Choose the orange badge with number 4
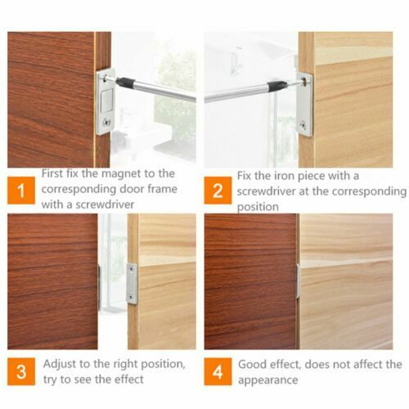pyautogui.click(x=218, y=371)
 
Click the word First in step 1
pyautogui.click(x=56, y=173)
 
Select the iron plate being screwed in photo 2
pyautogui.click(x=304, y=104)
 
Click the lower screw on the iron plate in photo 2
pyautogui.click(x=304, y=124)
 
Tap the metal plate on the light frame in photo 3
pyautogui.click(x=132, y=284)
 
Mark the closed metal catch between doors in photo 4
pyautogui.click(x=298, y=281)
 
